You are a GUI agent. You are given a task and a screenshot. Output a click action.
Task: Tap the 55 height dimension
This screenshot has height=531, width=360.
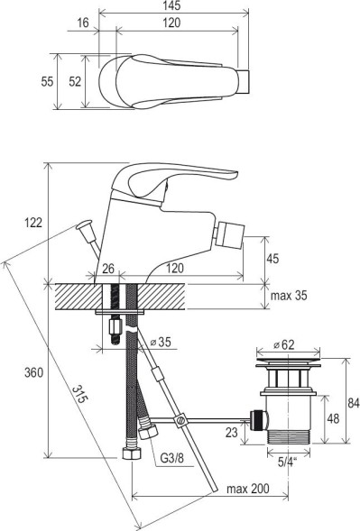click(x=46, y=81)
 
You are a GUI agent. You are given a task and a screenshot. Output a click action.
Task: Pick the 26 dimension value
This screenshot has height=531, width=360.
click(x=108, y=270)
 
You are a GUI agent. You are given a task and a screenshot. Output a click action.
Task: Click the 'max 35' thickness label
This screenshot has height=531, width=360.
click(x=289, y=296)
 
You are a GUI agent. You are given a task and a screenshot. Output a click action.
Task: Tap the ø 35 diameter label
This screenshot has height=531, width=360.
click(x=165, y=343)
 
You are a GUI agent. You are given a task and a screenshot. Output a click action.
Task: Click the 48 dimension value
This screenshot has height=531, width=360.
click(x=333, y=418)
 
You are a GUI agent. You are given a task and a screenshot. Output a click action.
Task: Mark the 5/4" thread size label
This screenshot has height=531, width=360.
click(x=288, y=461)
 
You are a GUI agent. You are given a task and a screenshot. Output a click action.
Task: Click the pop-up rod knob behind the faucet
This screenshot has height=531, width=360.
click(x=88, y=230)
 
